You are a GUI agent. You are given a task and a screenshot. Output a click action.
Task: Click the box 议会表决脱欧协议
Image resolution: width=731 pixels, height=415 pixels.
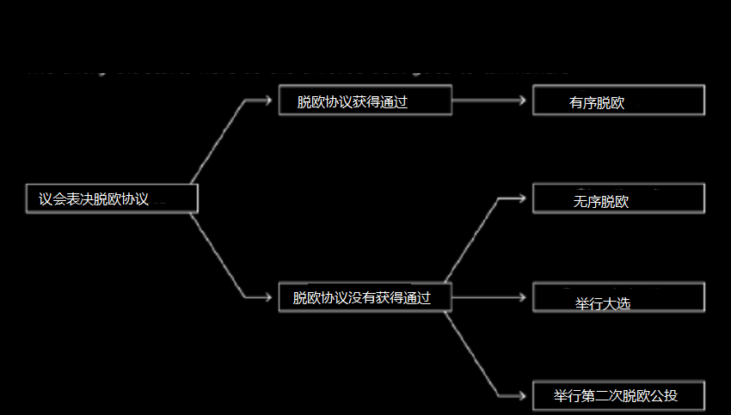coord(112,199)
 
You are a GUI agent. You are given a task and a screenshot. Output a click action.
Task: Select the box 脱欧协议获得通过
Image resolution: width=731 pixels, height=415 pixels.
coord(365,101)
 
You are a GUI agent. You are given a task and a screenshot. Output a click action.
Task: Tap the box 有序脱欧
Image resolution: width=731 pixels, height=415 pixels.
coord(618,101)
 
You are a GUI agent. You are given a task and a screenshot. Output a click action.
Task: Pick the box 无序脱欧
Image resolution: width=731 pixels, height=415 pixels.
coord(618,198)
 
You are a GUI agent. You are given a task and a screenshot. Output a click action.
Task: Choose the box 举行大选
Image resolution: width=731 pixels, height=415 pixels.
coord(618,298)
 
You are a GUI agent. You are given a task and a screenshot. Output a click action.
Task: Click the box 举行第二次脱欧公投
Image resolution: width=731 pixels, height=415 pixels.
coord(618,396)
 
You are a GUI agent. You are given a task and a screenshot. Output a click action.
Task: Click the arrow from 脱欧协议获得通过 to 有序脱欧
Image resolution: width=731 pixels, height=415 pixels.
coord(491,101)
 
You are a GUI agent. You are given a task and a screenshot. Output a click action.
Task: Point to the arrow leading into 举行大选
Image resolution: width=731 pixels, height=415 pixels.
coord(491,298)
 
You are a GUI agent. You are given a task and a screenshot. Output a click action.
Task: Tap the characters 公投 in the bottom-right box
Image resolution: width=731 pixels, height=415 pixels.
coord(664,396)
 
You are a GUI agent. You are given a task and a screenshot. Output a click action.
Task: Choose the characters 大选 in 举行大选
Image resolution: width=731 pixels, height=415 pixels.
coord(617,303)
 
